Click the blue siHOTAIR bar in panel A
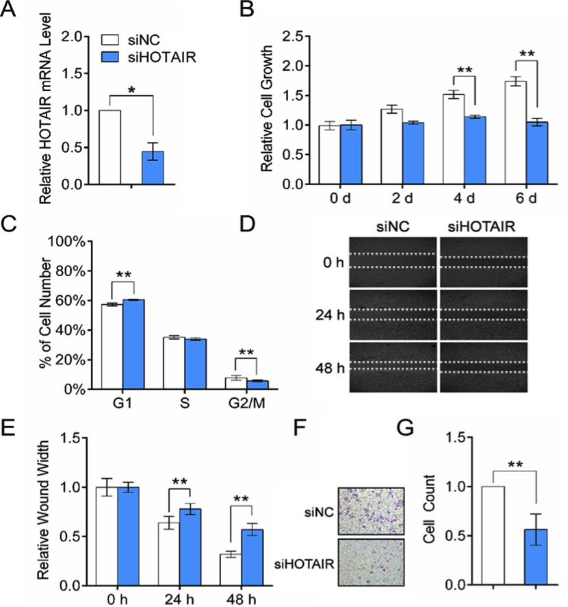[153, 168]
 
